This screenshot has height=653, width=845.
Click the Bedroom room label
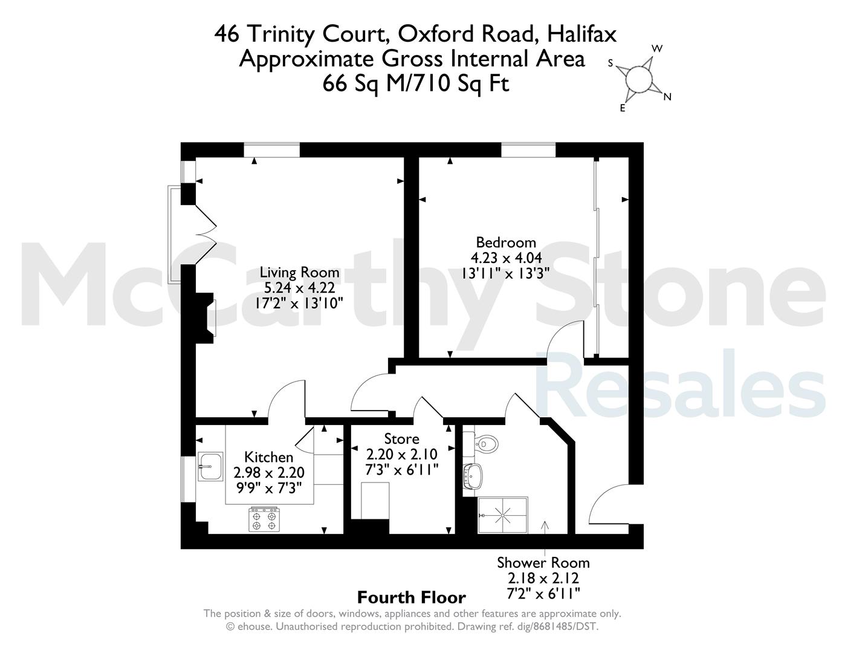[x=506, y=242]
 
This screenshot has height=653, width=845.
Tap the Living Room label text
[x=299, y=273]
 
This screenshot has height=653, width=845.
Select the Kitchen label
[x=269, y=457]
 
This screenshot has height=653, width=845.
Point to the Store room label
[x=402, y=439]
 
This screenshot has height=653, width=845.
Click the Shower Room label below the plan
[x=543, y=563]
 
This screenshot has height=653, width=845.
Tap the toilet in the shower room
[x=486, y=443]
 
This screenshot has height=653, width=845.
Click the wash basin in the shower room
[x=473, y=476]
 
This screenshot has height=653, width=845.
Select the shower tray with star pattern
[x=503, y=515]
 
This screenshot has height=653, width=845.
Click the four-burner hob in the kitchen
[x=264, y=519]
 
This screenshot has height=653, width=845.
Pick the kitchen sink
[x=210, y=466]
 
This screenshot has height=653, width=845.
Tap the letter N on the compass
[x=667, y=97]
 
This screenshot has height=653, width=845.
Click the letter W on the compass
[x=657, y=48]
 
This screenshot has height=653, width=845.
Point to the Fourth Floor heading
[x=412, y=597]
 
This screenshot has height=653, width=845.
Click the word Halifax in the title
[x=581, y=34]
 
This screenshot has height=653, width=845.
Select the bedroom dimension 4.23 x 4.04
[x=506, y=258]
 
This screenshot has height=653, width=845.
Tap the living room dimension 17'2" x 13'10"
[x=299, y=303]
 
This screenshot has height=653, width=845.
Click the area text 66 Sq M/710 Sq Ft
[x=416, y=83]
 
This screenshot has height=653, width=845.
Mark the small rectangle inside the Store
[x=375, y=501]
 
